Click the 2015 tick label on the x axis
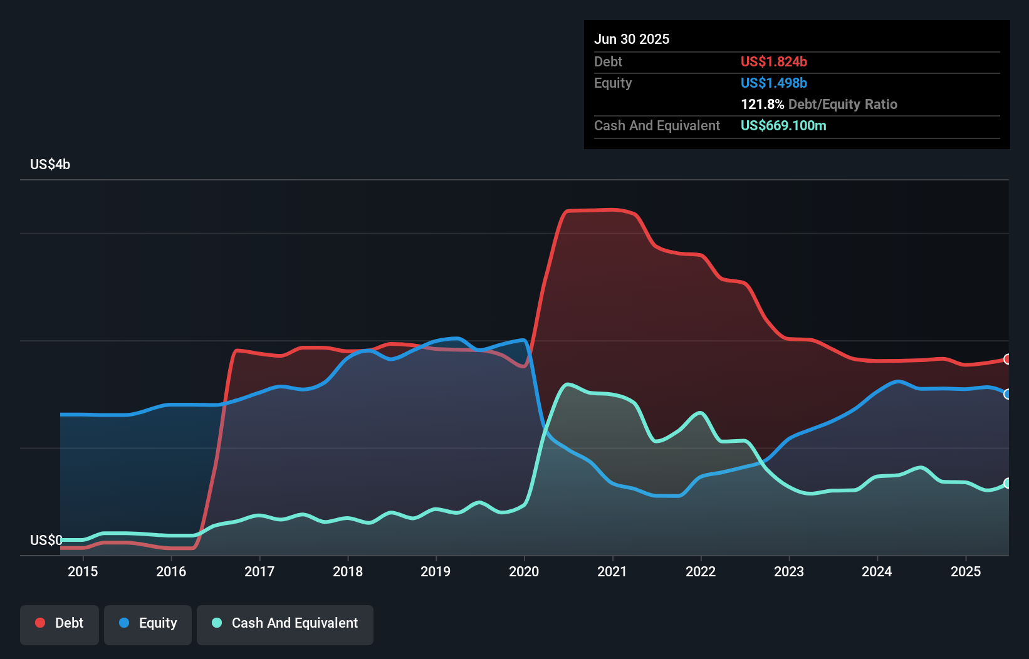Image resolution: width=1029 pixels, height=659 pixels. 83,571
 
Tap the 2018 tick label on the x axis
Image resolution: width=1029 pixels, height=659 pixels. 348,571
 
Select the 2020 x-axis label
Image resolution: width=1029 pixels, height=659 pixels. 524,571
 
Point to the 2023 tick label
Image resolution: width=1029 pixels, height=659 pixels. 789,571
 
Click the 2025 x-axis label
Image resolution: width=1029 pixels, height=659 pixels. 966,571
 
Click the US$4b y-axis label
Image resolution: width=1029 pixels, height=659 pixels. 50,164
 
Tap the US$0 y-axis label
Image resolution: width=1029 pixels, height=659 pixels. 46,540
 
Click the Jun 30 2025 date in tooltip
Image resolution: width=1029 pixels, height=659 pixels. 632,39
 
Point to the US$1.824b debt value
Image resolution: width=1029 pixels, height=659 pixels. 773,61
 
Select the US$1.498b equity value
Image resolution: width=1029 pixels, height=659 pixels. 773,83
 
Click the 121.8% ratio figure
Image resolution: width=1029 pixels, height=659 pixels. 762,104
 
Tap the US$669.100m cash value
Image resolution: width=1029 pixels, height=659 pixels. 783,125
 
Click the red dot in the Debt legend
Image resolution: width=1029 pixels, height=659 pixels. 40,623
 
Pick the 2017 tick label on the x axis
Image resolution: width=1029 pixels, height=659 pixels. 259,571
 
